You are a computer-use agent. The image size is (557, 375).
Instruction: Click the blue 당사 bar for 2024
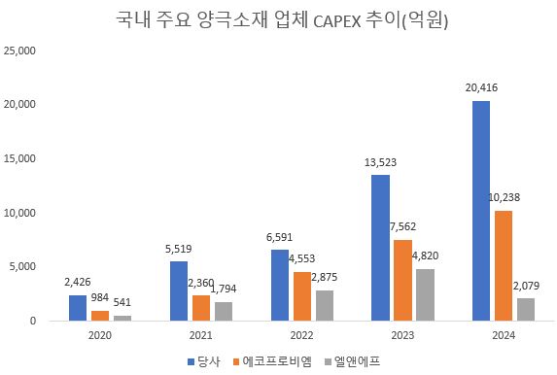[481, 211]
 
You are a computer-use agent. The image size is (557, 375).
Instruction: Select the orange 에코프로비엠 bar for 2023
[402, 280]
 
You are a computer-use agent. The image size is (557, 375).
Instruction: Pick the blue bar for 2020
[78, 307]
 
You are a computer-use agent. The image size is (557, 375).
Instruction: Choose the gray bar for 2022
[324, 305]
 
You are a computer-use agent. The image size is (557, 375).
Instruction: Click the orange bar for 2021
[200, 307]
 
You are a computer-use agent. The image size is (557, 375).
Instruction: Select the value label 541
[122, 302]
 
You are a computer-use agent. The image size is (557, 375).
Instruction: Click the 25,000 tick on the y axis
[22, 51]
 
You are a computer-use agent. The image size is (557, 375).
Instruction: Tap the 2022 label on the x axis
[300, 335]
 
